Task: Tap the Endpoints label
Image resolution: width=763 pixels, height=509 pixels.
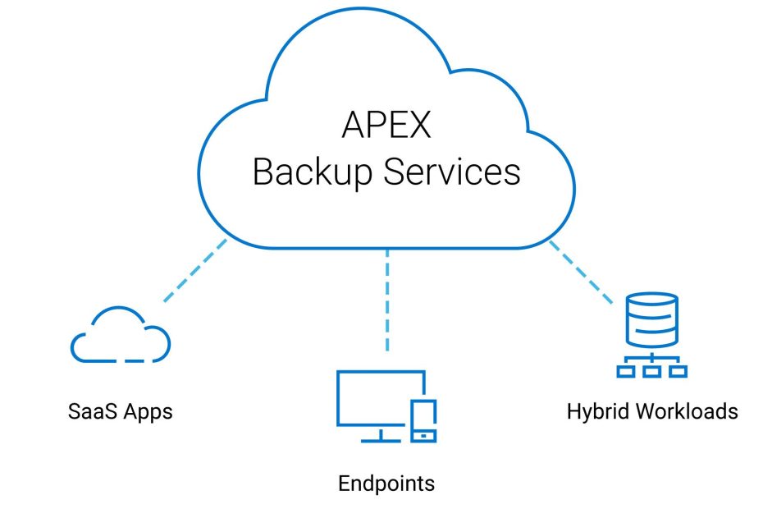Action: [386, 483]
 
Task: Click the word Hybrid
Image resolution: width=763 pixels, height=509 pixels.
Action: [597, 410]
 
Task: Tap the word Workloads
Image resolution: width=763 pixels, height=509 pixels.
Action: [685, 410]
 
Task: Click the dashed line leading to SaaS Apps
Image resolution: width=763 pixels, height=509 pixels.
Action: [195, 270]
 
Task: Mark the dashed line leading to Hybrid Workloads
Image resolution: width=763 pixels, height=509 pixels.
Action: [580, 271]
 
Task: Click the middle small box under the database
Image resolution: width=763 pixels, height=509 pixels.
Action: [652, 370]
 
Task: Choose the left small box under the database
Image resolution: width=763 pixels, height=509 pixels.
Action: [626, 370]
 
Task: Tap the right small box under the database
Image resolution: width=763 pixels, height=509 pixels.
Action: [678, 370]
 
